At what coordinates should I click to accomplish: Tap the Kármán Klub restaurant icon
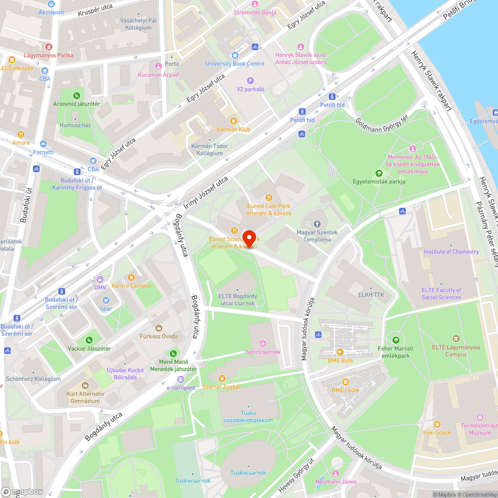click(x=233, y=121)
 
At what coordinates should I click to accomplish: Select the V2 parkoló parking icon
click(x=250, y=81)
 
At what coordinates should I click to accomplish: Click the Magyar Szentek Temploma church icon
click(x=317, y=224)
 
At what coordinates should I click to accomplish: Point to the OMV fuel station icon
click(x=100, y=279)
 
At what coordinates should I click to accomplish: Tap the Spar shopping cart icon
click(x=106, y=300)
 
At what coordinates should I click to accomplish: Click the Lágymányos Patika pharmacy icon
click(x=48, y=46)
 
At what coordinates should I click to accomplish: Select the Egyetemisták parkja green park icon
click(x=378, y=173)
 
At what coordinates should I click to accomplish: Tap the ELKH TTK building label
click(x=371, y=295)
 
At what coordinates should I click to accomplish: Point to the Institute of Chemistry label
click(x=451, y=251)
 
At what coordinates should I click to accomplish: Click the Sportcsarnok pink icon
click(x=263, y=343)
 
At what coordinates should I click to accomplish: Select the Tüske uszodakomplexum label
click(x=248, y=417)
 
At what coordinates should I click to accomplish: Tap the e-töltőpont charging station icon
click(x=180, y=379)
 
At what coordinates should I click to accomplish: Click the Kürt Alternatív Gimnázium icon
click(x=85, y=385)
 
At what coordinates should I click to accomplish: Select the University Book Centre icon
click(x=235, y=55)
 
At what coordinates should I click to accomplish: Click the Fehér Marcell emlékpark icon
click(x=396, y=340)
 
